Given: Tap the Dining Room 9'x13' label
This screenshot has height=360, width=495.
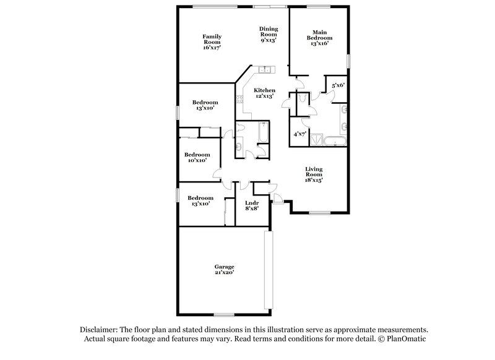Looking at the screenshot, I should pos(269,34).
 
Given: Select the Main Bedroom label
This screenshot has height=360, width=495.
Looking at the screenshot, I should pos(319,38).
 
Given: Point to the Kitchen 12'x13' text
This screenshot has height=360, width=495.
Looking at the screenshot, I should pos(265,93).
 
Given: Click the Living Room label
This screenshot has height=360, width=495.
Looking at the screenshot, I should pos(314,174).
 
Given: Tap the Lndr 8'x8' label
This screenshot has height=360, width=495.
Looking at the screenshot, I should pos(251,205).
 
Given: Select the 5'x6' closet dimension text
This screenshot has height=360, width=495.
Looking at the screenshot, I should pos(338,85).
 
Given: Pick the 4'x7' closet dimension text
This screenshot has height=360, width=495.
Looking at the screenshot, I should pos(300,134).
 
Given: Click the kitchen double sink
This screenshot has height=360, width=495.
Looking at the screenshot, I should pos(266,69).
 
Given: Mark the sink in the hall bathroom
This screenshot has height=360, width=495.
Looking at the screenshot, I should pos(238,147).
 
